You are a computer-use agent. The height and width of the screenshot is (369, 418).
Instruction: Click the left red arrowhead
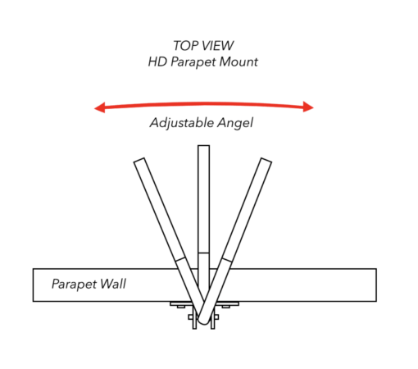(100, 107)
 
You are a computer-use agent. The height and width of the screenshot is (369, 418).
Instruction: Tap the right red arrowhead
(308, 107)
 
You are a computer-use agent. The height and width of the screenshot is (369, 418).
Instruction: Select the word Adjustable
(181, 123)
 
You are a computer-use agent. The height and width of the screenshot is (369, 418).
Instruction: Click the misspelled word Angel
(235, 123)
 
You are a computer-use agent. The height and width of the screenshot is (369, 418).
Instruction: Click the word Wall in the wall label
(113, 284)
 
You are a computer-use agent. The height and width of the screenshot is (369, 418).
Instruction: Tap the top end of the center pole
(204, 146)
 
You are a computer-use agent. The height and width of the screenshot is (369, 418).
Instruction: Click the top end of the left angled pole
(139, 160)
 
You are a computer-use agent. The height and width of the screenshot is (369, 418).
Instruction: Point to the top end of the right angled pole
(266, 161)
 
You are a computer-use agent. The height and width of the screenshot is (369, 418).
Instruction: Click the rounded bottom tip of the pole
(203, 322)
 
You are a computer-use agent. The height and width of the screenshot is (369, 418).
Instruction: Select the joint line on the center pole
(204, 253)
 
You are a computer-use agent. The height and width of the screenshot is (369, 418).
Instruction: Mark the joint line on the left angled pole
(180, 259)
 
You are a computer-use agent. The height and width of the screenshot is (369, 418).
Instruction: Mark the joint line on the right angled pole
(227, 260)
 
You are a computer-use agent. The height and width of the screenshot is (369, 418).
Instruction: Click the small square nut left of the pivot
(190, 317)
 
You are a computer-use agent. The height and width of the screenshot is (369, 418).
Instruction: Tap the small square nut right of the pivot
(216, 317)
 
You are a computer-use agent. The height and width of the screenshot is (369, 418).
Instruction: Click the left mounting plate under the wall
(181, 303)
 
